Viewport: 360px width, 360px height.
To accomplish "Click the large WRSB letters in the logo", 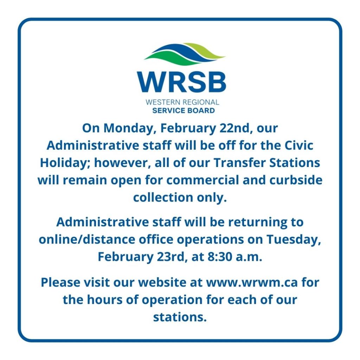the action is [181, 82].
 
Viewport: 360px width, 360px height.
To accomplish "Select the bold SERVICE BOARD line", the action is [184, 110].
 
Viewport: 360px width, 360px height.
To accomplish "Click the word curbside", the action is [296, 180].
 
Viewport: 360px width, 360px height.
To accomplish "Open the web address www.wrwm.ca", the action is [252, 283].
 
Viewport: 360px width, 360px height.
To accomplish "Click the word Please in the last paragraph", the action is [60, 282].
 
